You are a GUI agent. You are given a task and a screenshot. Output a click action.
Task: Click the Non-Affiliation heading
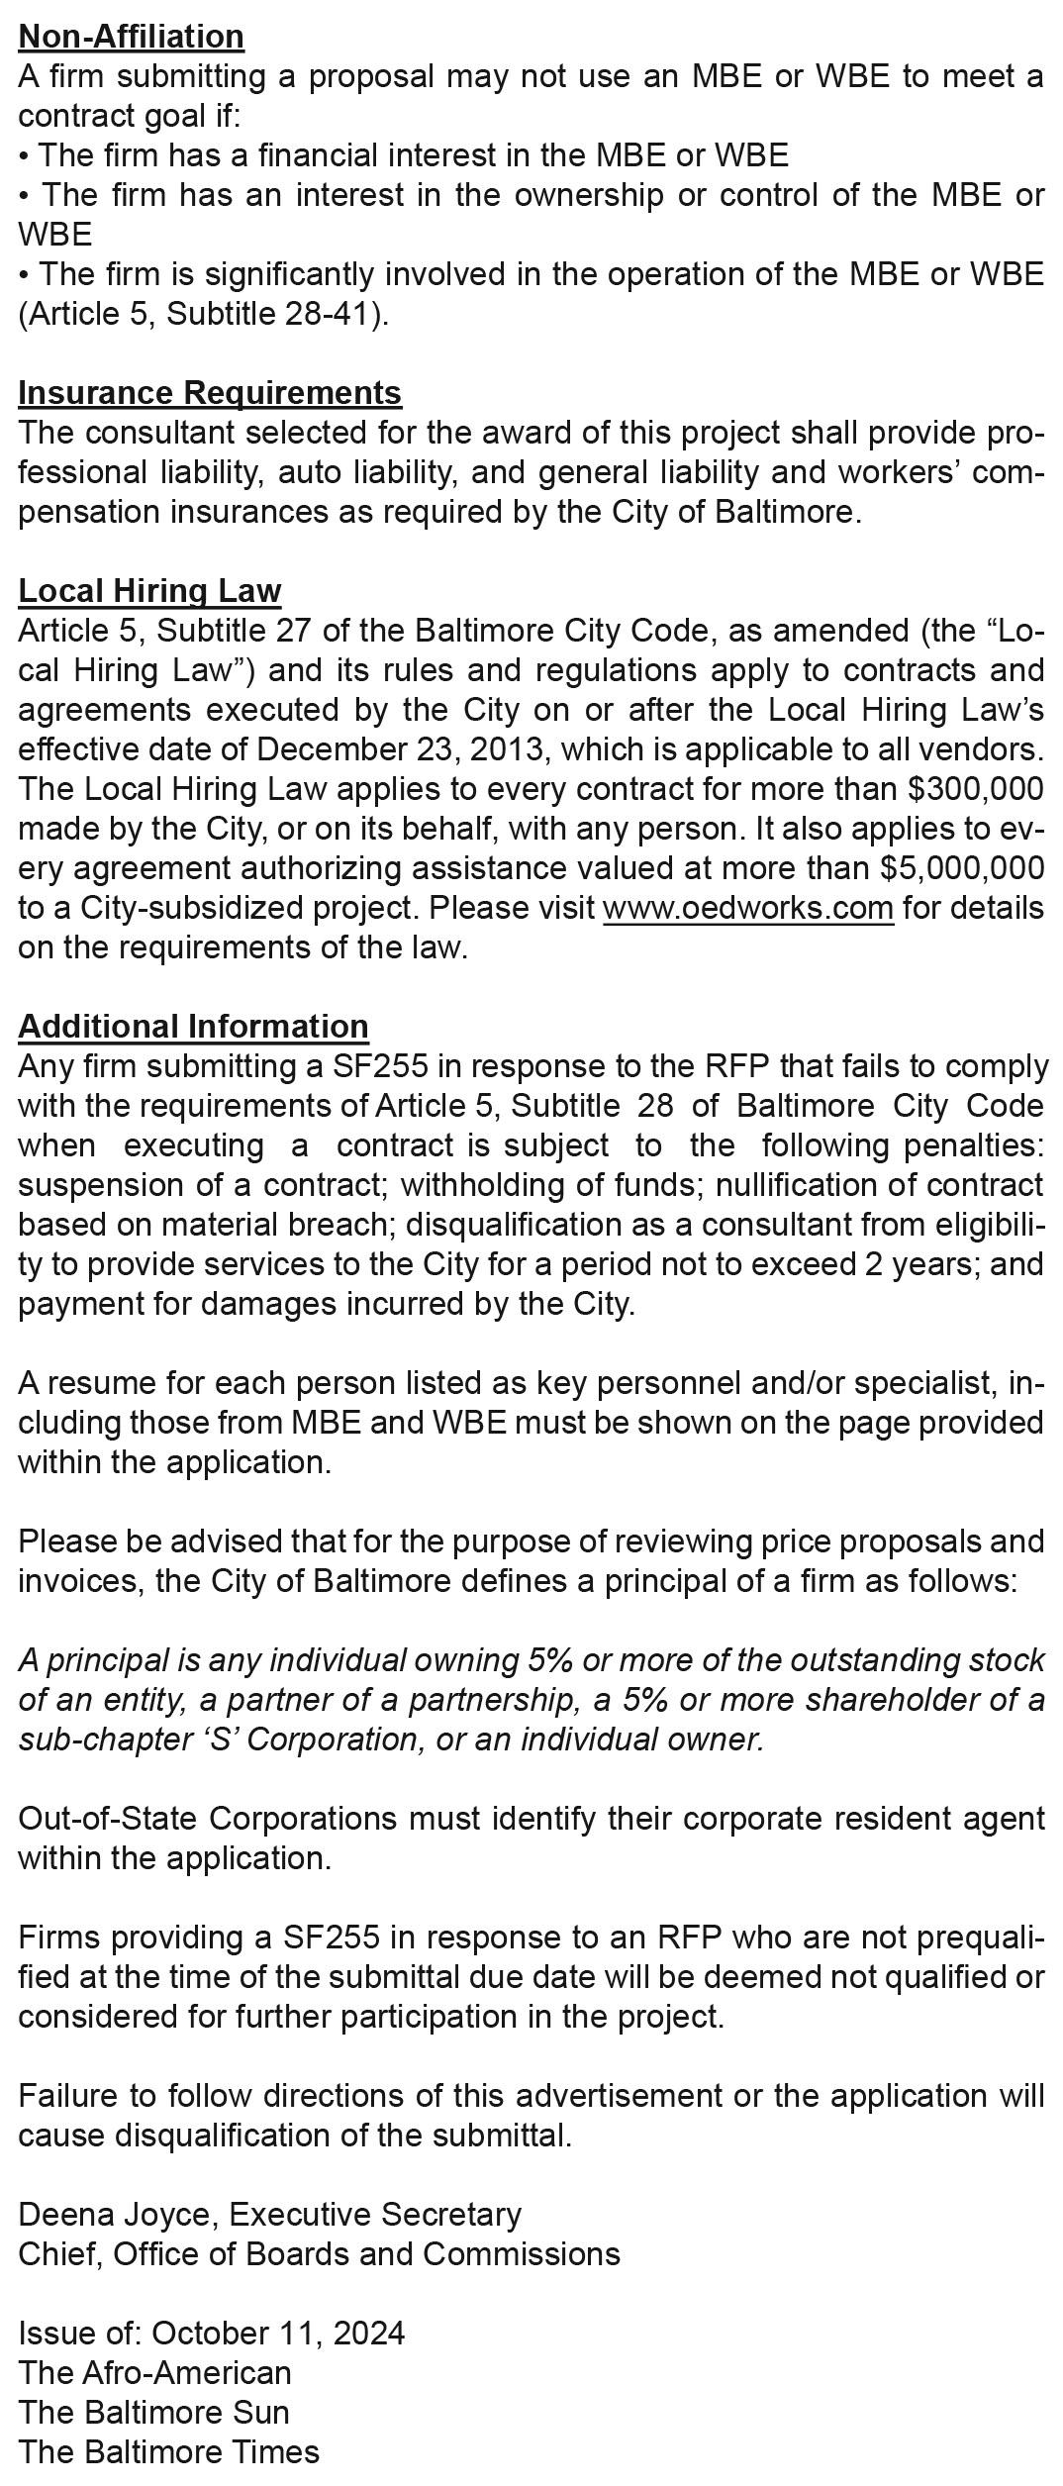pyautogui.click(x=131, y=37)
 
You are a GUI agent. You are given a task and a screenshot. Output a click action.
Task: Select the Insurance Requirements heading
pyautogui.click(x=209, y=393)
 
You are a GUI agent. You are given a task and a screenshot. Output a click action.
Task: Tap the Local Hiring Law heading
pyautogui.click(x=149, y=591)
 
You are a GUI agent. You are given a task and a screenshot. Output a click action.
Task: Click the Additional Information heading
pyautogui.click(x=193, y=1027)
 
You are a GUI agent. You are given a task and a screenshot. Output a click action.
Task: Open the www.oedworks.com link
pyautogui.click(x=747, y=908)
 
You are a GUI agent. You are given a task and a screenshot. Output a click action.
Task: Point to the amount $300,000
pyautogui.click(x=975, y=789)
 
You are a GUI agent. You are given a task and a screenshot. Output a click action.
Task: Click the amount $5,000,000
pyautogui.click(x=961, y=868)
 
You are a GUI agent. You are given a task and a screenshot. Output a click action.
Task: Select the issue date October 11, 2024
pyautogui.click(x=278, y=2334)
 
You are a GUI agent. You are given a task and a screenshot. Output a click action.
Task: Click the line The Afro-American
pyautogui.click(x=154, y=2373)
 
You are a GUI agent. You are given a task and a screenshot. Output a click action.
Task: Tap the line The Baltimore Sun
pyautogui.click(x=153, y=2413)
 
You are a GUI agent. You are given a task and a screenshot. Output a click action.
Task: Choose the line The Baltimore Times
pyautogui.click(x=168, y=2452)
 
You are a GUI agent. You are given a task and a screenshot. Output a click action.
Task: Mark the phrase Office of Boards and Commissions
pyautogui.click(x=366, y=2254)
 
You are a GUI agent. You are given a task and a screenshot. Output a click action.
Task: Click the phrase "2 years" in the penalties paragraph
pyautogui.click(x=920, y=1264)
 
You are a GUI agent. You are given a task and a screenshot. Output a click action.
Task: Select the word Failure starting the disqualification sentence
pyautogui.click(x=70, y=2096)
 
